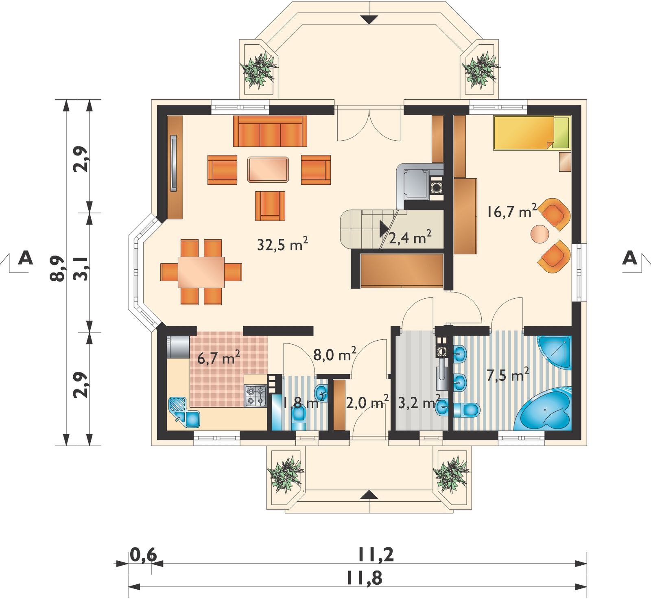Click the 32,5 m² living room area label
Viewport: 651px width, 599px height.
(282, 245)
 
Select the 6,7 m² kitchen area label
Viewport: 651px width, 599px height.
(218, 358)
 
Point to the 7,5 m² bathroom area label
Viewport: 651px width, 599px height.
(508, 375)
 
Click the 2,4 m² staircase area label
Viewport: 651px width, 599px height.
(410, 237)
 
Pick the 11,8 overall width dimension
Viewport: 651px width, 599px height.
(364, 578)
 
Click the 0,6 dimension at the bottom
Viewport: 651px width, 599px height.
(143, 555)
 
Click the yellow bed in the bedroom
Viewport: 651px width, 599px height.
(531, 133)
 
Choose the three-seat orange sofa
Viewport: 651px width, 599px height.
(270, 131)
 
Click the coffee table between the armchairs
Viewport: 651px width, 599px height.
(269, 169)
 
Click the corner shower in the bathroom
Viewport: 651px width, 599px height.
(555, 352)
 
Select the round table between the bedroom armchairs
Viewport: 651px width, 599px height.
(540, 234)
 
